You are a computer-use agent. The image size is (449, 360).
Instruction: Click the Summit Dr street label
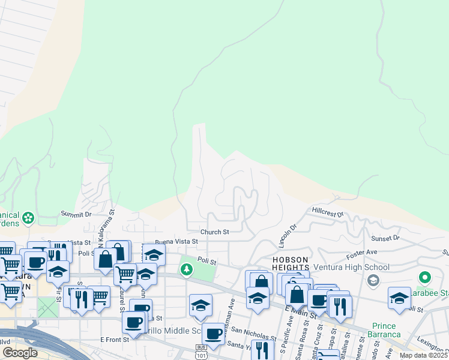point(76,214)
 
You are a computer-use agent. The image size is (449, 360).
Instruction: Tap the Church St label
point(214,232)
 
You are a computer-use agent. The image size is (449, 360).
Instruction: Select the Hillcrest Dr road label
point(327,212)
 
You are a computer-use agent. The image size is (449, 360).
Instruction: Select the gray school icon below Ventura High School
point(373,280)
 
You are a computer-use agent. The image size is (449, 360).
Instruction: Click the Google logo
point(20,353)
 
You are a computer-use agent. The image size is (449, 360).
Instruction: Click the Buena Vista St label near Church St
point(176,241)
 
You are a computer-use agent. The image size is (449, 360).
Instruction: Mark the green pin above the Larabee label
point(425,278)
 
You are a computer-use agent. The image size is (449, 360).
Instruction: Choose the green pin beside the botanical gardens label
point(28,220)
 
